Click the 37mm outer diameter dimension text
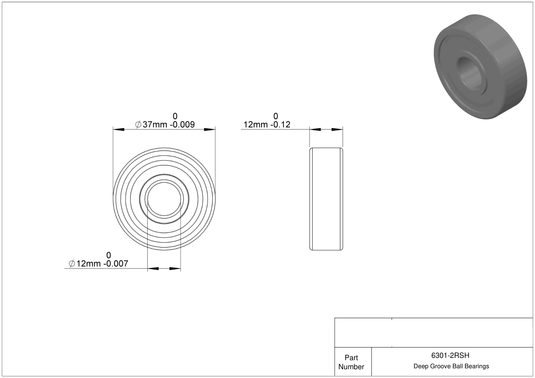click(x=155, y=125)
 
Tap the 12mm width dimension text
click(x=255, y=125)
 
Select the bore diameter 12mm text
click(x=89, y=264)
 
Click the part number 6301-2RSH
click(x=450, y=355)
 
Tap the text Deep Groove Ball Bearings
click(x=451, y=366)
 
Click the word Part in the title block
click(x=351, y=358)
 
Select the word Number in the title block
click(x=351, y=367)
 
